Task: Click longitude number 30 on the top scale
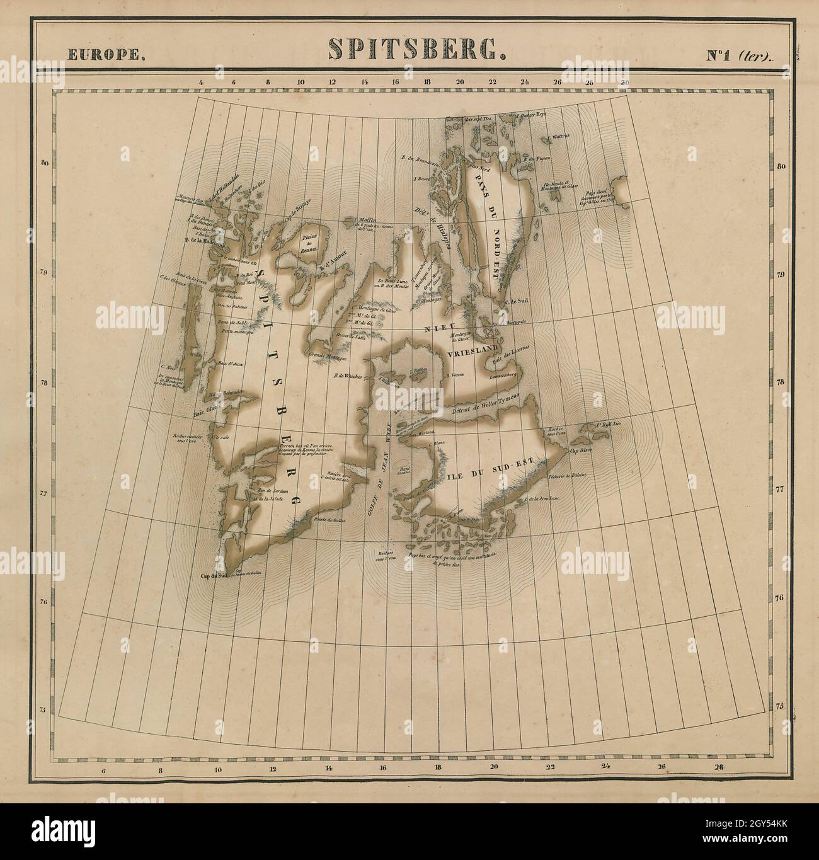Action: coord(624,82)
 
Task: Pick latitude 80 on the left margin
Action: coord(45,164)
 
